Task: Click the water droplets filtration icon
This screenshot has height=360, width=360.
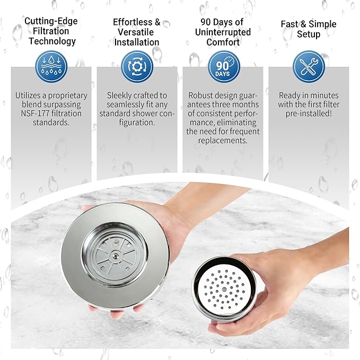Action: click(51, 66)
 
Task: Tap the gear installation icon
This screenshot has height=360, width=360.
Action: click(137, 66)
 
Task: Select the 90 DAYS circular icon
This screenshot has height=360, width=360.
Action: click(223, 66)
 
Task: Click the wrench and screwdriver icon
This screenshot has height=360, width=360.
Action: click(308, 66)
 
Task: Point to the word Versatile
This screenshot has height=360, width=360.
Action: click(136, 32)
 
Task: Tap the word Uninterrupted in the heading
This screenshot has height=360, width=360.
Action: click(223, 32)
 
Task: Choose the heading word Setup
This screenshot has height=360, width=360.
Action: click(308, 34)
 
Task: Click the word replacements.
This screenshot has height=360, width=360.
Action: click(223, 141)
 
